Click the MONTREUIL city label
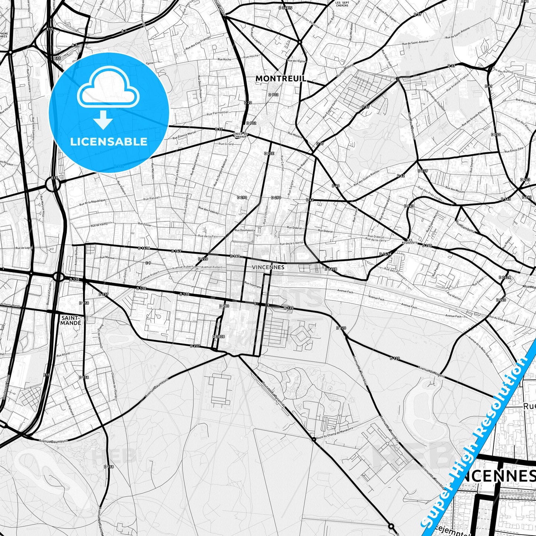point(281,79)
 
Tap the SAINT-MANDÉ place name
point(71,320)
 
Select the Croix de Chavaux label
point(240,135)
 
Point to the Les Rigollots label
point(412,241)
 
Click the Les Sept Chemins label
point(342,4)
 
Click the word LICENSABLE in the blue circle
point(109,141)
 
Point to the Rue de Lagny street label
point(24,248)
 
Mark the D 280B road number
point(219,336)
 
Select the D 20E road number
point(269,153)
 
